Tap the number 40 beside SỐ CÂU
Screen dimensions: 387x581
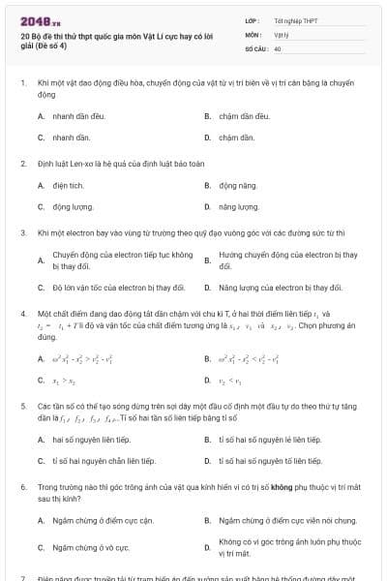(278, 47)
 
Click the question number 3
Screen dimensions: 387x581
(23, 233)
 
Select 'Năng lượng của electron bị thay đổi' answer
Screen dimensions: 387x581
(281, 288)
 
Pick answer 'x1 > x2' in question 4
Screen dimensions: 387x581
(63, 380)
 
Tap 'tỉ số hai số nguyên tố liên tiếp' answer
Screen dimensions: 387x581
(270, 440)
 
